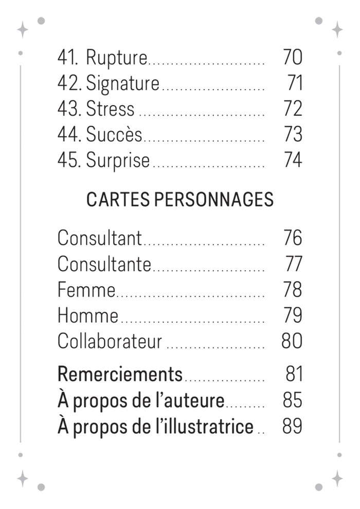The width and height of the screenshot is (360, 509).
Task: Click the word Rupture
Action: (x=116, y=58)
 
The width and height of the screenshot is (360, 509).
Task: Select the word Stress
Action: (x=110, y=109)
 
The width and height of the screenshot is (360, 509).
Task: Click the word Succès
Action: (x=114, y=134)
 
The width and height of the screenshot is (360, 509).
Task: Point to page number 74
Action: (x=293, y=160)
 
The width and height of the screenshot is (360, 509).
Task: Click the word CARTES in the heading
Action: (x=117, y=199)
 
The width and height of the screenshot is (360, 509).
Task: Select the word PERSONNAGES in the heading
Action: (x=214, y=199)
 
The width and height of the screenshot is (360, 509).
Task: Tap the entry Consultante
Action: (x=104, y=264)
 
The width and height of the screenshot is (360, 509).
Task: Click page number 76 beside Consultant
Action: (x=293, y=238)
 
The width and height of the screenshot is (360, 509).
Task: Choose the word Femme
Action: (x=86, y=289)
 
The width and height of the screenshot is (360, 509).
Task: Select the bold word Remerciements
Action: (x=120, y=374)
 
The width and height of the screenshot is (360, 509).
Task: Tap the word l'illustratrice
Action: (x=205, y=426)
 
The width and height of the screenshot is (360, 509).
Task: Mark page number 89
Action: (x=292, y=426)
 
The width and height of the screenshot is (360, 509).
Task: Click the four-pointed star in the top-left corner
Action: (x=23, y=29)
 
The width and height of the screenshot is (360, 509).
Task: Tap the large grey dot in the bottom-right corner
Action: (x=319, y=487)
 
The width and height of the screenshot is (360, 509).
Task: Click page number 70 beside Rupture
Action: (x=293, y=57)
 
